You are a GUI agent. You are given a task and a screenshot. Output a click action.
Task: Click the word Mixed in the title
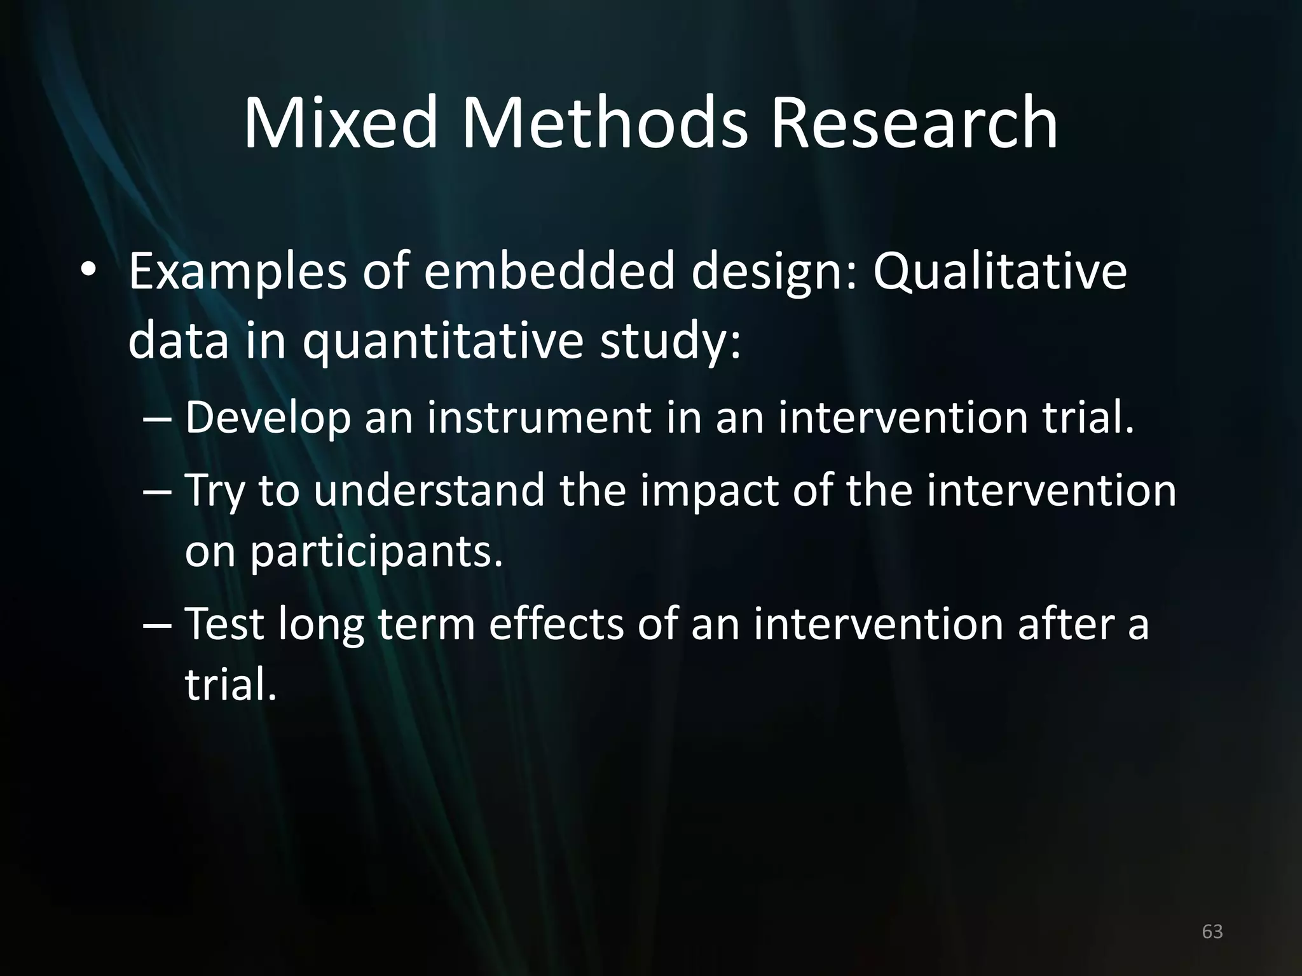(x=341, y=123)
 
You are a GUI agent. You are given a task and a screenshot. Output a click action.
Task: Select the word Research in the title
(x=914, y=123)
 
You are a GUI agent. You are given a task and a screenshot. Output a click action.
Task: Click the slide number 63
(x=1212, y=932)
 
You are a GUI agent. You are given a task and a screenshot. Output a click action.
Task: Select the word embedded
(x=549, y=272)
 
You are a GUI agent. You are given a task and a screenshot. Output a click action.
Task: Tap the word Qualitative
(x=999, y=272)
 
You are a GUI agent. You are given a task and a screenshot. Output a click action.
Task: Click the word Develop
(x=268, y=417)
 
